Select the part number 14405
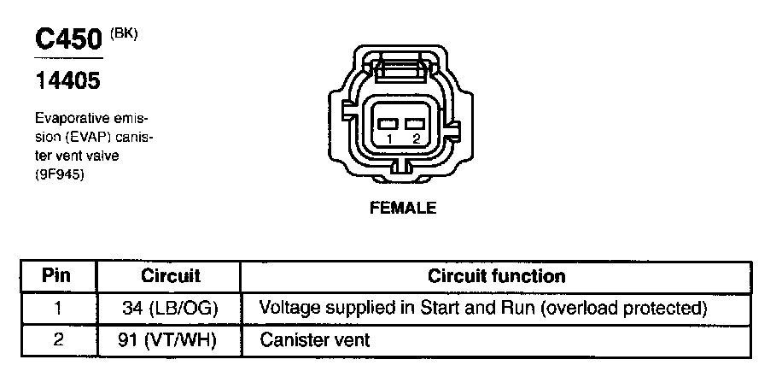click(67, 81)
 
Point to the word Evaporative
click(71, 117)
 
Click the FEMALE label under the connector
click(403, 208)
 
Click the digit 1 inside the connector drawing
click(390, 138)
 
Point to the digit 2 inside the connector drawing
click(416, 138)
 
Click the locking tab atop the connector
click(403, 65)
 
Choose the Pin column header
click(56, 276)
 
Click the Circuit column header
click(171, 276)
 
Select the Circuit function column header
click(496, 276)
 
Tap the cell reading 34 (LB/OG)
click(171, 307)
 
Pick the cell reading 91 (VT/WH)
click(171, 339)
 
